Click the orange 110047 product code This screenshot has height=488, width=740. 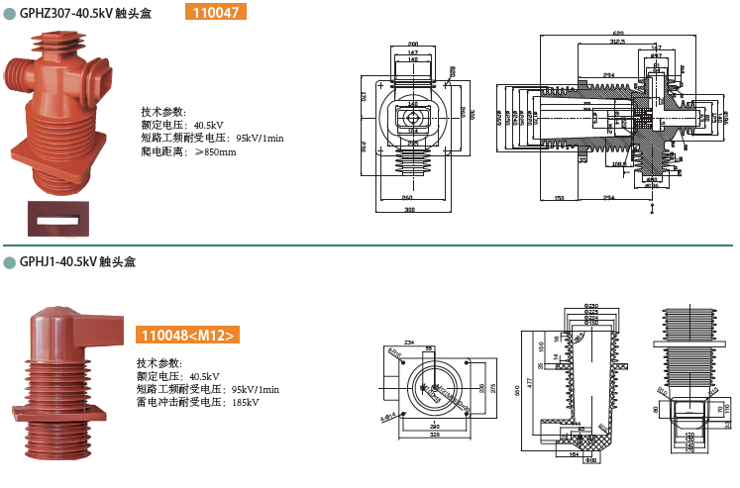point(215,12)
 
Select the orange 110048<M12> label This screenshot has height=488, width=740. point(188,336)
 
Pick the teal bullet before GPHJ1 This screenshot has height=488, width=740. point(9,262)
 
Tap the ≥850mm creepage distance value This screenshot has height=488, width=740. point(215,152)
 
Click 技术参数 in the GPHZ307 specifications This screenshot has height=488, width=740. point(162,112)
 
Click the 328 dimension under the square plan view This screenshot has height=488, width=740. point(437,435)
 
